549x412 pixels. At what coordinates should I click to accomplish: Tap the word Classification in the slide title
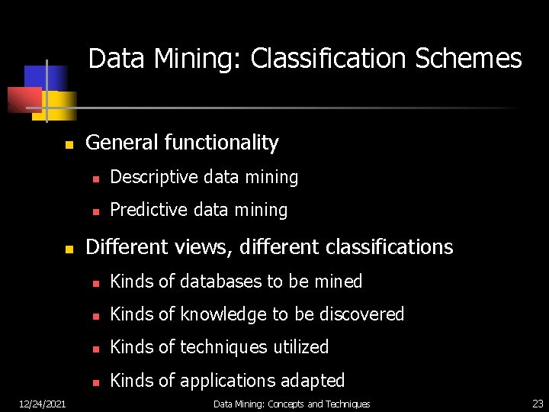(328, 59)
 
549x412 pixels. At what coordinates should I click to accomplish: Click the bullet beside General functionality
(68, 144)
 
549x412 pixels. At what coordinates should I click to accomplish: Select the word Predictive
(146, 210)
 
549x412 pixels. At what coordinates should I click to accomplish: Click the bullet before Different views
(68, 249)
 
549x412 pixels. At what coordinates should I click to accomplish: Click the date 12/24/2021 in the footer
(42, 404)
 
